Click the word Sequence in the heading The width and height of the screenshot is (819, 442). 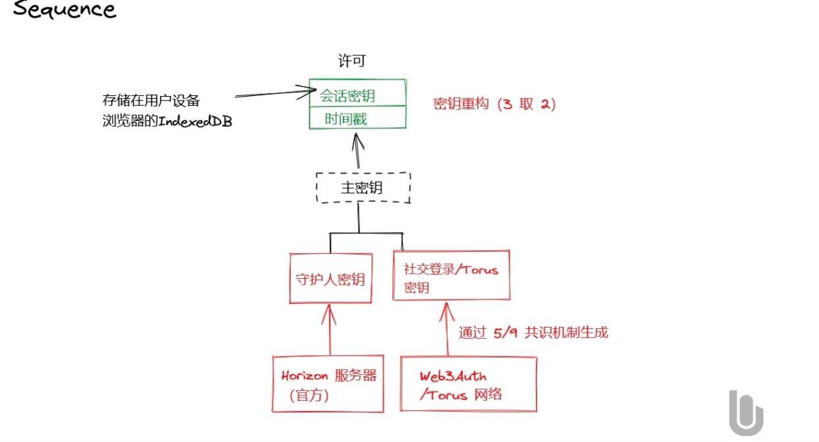click(x=65, y=9)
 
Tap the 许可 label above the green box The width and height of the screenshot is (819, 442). click(x=352, y=61)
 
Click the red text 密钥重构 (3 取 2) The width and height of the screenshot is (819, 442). click(x=494, y=104)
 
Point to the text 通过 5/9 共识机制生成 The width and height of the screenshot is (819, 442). click(x=533, y=333)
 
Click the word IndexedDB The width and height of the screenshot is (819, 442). click(x=196, y=121)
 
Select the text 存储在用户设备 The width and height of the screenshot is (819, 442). click(x=151, y=101)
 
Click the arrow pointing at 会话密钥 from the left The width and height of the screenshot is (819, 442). click(x=276, y=93)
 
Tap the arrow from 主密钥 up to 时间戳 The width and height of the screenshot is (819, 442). click(x=358, y=151)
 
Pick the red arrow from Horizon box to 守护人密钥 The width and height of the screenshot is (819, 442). click(x=329, y=330)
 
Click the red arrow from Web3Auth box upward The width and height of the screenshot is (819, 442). click(x=447, y=329)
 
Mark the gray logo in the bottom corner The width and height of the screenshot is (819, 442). click(x=746, y=413)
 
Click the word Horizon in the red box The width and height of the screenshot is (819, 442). click(x=304, y=376)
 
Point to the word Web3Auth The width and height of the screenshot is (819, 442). click(x=453, y=376)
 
